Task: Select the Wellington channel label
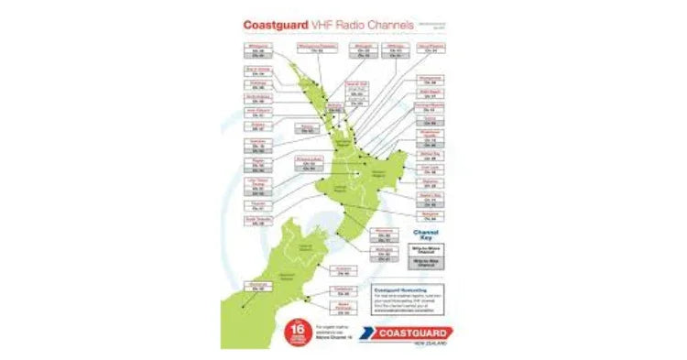[384, 247]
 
